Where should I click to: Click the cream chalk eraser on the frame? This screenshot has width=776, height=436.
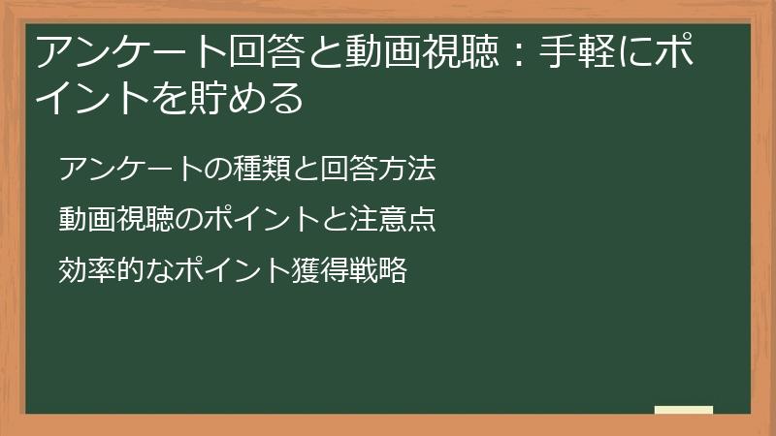[x=684, y=410]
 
